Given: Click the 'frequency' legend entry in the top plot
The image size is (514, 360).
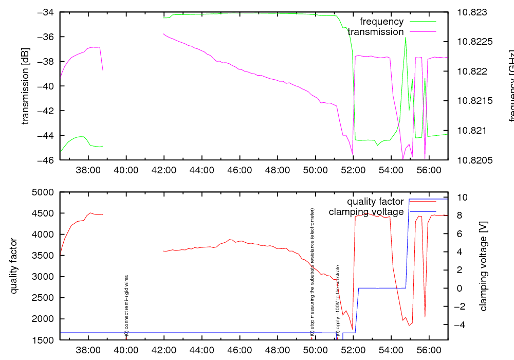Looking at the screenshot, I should point(381,22).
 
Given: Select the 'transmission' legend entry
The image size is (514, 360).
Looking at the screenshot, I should point(376,32).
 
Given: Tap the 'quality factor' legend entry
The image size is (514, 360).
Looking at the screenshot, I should point(375,202).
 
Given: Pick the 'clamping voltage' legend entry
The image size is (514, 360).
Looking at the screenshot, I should point(366,212).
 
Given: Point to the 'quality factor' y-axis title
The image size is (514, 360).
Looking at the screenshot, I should point(14,266).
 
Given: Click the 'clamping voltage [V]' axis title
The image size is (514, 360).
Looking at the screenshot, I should point(483,266).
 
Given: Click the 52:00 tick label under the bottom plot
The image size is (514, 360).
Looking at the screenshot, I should point(353,350).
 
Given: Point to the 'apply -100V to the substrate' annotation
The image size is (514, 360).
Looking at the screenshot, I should point(338,300).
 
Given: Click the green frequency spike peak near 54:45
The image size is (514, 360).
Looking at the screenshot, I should point(406,38).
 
